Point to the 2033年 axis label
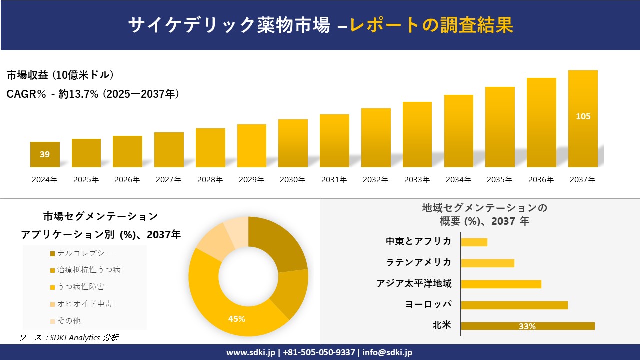417,180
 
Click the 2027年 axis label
169,180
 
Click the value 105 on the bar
583,116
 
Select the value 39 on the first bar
45,154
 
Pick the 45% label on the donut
236,319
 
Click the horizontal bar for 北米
527,326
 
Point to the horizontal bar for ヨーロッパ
514,305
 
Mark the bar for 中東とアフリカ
474,242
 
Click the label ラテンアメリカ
418,262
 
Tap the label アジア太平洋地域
414,284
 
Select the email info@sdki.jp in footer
387,352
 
